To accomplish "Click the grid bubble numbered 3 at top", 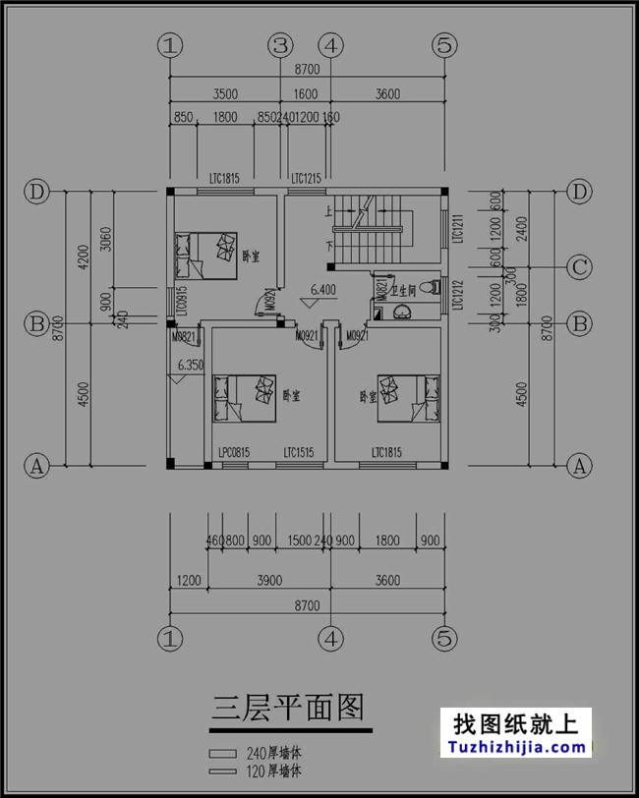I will pos(281,45).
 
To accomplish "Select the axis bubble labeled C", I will pos(580,266).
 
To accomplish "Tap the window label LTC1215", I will pos(307,179).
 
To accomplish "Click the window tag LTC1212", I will pos(456,294).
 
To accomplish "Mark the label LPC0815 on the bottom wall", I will pos(232,453).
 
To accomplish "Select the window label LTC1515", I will pos(299,453).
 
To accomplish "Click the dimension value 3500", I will pos(225,95).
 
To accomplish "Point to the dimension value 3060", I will pos(107,238).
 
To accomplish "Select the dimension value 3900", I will pos(268,581).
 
